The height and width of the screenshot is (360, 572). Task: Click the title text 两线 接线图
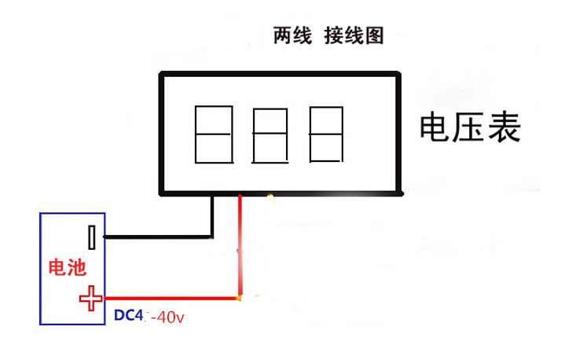328,36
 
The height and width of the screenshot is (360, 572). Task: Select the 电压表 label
471,127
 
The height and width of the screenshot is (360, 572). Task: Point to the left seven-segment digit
211,134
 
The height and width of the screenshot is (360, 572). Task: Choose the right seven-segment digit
327,134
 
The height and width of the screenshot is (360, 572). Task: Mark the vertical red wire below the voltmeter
240,244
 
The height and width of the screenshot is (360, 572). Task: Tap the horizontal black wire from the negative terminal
157,236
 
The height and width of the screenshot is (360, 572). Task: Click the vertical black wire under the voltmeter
211,214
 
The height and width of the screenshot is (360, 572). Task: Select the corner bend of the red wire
240,299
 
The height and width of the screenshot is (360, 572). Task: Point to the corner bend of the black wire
211,235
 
